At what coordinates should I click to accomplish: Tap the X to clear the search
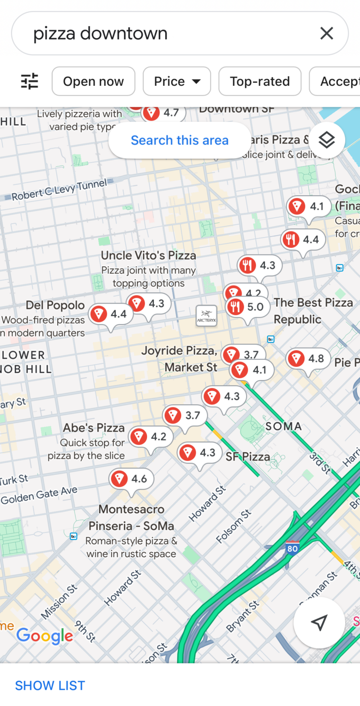tap(327, 33)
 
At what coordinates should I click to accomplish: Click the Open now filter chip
tap(93, 81)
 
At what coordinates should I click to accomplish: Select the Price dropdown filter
tap(177, 81)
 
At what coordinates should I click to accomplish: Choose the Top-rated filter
tap(260, 81)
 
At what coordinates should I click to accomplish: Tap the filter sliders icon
tap(30, 81)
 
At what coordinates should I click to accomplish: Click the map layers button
tap(327, 140)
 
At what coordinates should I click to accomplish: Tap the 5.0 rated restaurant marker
tap(247, 307)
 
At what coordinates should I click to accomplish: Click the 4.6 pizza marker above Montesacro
tap(131, 479)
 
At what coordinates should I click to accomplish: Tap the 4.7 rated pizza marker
tap(163, 113)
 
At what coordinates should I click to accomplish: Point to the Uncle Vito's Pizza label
tap(148, 255)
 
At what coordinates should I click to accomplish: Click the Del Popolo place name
tap(55, 305)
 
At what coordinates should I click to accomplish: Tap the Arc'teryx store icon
tap(207, 316)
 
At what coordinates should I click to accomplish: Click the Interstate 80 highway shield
tap(292, 548)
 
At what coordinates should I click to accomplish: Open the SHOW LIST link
tap(50, 685)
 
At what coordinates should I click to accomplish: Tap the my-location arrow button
tap(319, 622)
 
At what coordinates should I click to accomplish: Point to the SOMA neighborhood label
tap(283, 426)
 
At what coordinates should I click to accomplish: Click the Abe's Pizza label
tap(94, 428)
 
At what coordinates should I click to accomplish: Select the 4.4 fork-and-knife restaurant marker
tap(303, 240)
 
